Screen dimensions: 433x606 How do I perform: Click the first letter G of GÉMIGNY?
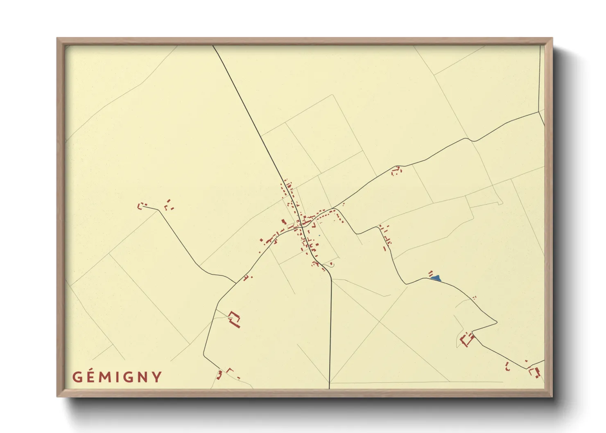pyautogui.click(x=78, y=377)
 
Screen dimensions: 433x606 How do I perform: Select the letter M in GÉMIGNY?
pyautogui.click(x=107, y=377)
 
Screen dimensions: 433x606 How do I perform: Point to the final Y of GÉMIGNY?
pyautogui.click(x=156, y=377)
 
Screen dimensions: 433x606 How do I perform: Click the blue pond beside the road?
pyautogui.click(x=436, y=278)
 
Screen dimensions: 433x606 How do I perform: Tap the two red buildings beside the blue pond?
pyautogui.click(x=430, y=273)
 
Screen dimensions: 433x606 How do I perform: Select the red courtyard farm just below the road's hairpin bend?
pyautogui.click(x=466, y=339)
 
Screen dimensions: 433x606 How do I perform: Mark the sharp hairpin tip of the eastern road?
pyautogui.click(x=497, y=322)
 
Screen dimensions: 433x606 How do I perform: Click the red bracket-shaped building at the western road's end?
pyautogui.click(x=142, y=205)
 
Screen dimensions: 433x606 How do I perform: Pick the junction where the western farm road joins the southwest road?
pyautogui.click(x=236, y=283)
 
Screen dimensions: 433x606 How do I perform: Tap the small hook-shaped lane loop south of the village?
pyautogui.click(x=332, y=265)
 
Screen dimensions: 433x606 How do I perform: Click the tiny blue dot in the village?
pyautogui.click(x=319, y=235)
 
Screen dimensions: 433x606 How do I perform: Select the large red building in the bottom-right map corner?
pyautogui.click(x=534, y=372)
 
